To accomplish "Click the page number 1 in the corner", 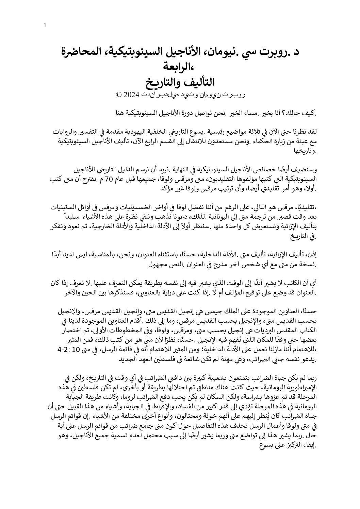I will (x=45, y=26).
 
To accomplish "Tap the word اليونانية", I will (x=184, y=216).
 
